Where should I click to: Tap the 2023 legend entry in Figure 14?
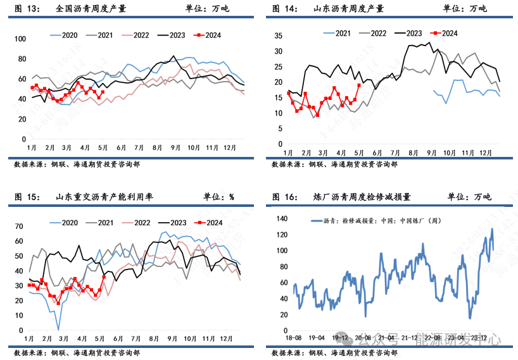414,33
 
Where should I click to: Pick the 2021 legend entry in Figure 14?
343,33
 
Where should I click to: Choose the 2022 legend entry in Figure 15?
141,222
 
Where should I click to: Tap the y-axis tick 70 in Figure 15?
18,226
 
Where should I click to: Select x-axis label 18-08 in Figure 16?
294,338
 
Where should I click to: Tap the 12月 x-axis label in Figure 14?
486,153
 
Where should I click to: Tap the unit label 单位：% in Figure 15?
218,197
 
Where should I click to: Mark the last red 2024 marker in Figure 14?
359,85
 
